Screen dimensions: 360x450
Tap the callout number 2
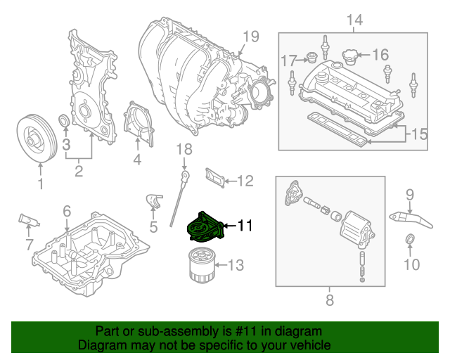tap(79, 169)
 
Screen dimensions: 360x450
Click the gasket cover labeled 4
tap(137, 126)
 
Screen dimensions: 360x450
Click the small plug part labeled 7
tap(27, 220)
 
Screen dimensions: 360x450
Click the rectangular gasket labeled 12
tap(216, 179)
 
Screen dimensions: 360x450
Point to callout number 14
tap(356, 20)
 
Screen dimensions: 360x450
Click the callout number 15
tap(419, 134)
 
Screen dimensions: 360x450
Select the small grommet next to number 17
tap(310, 58)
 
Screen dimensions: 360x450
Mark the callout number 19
tap(251, 37)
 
